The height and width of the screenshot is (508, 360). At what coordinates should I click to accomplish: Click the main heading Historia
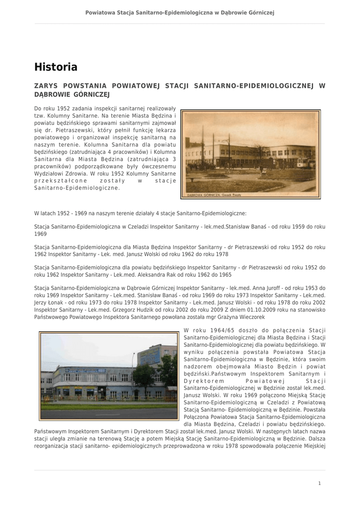(x=56, y=67)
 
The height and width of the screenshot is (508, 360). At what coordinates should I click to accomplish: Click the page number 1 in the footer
(x=320, y=483)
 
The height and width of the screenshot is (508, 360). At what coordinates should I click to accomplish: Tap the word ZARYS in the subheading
(x=45, y=86)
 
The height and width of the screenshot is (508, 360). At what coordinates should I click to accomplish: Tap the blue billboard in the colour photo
(x=149, y=356)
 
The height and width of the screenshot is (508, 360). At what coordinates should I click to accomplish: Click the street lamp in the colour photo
(x=133, y=377)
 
